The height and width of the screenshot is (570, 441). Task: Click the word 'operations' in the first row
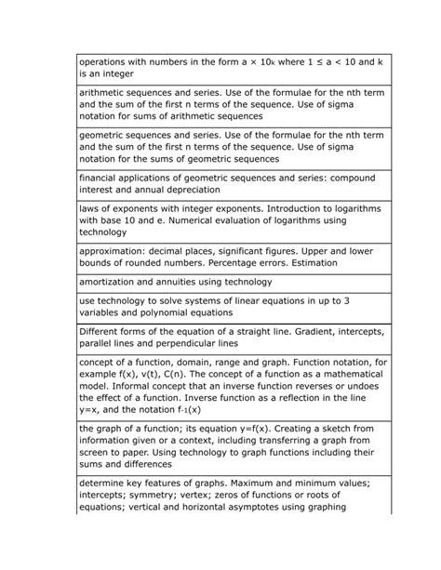pos(108,61)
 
